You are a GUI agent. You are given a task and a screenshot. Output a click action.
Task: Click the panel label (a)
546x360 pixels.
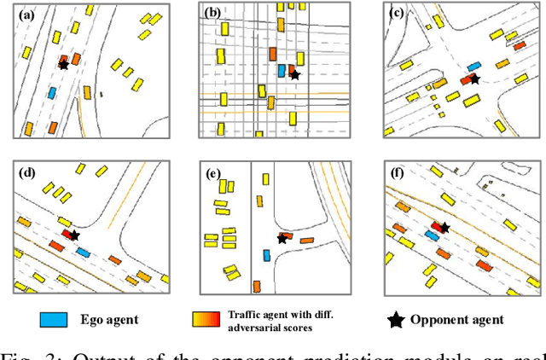[20, 15]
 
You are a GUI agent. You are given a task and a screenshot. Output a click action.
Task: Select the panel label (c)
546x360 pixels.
[396, 13]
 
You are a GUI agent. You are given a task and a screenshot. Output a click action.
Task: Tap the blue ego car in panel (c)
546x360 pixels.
[473, 66]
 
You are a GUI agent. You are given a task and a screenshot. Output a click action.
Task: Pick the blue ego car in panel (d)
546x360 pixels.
[83, 252]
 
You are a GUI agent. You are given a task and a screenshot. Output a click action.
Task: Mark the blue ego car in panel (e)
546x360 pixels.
[266, 255]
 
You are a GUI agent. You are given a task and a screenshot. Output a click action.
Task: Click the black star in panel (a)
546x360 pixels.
[63, 64]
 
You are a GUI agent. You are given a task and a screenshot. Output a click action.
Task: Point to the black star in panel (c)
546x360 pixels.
[475, 78]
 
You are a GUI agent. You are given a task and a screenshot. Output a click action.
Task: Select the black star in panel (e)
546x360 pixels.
[282, 240]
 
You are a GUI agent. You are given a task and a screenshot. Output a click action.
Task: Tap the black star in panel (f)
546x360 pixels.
[444, 227]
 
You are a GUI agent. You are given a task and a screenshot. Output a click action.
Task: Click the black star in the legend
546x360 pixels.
[395, 320]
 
